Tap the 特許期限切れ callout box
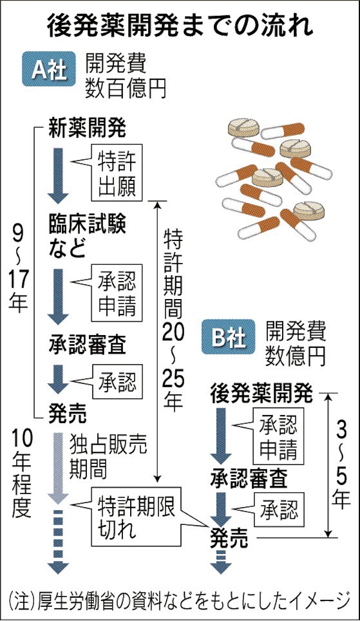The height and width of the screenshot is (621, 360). coord(137,516)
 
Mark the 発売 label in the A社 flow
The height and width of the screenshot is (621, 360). coord(67,411)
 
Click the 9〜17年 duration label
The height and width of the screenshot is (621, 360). coord(19,269)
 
